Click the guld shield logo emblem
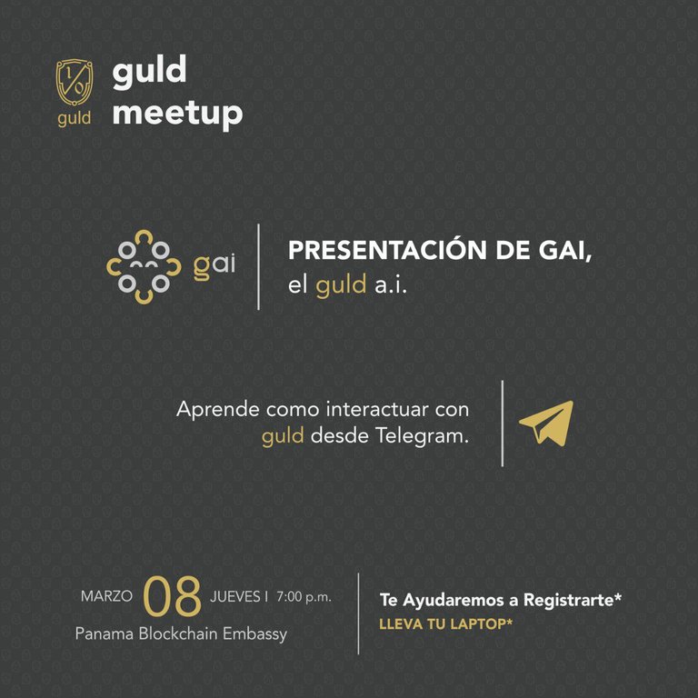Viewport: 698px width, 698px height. pyautogui.click(x=75, y=83)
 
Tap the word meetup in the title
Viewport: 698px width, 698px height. pyautogui.click(x=177, y=114)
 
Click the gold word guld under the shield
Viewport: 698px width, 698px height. pyautogui.click(x=74, y=118)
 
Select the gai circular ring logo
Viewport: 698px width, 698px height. pyautogui.click(x=144, y=267)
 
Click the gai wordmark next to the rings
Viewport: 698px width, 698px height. pyautogui.click(x=214, y=266)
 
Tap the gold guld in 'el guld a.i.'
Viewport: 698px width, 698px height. pyautogui.click(x=341, y=285)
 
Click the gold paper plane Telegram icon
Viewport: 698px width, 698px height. pyautogui.click(x=546, y=424)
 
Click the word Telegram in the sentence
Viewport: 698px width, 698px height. pyautogui.click(x=422, y=436)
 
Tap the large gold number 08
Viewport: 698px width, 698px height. pyautogui.click(x=173, y=596)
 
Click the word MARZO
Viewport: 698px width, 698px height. pyautogui.click(x=106, y=596)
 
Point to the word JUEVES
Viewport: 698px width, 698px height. pyautogui.click(x=235, y=596)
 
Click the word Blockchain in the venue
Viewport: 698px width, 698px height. pyautogui.click(x=180, y=633)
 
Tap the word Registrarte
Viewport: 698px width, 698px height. pyautogui.click(x=572, y=600)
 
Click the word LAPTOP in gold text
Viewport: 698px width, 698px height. pyautogui.click(x=480, y=624)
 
